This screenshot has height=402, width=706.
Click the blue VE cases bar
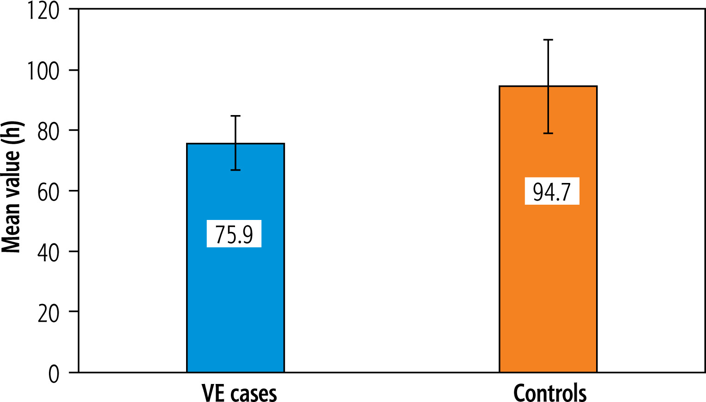pos(235,300)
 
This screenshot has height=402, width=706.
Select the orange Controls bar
pos(548,286)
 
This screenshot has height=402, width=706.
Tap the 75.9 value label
pos(234,234)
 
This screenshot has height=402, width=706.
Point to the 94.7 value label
pos(552,191)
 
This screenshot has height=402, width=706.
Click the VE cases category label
pos(239,393)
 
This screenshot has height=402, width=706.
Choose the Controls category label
pos(550,393)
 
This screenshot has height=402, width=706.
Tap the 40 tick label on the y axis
pos(48,253)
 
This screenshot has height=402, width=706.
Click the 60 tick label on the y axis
pos(48,192)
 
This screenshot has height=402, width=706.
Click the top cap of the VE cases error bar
pos(235,116)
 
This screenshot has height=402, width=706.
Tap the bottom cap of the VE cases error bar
pos(235,170)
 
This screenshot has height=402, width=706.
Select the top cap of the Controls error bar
pos(548,40)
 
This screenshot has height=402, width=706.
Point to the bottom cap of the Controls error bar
pos(548,133)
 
